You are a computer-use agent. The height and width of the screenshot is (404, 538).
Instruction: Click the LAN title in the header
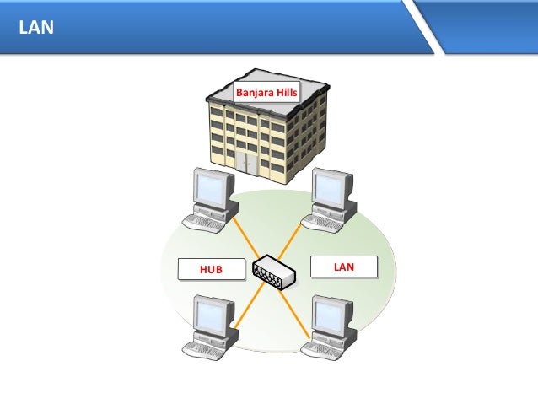[x=37, y=28]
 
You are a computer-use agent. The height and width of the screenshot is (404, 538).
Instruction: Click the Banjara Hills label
[x=266, y=94]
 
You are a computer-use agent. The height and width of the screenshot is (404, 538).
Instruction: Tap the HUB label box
[x=211, y=269]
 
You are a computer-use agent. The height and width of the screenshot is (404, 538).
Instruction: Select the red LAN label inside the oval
[x=343, y=267]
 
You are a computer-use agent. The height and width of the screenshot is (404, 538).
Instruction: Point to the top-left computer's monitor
[x=211, y=190]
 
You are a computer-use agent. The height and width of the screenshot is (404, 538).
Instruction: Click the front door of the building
[x=246, y=162]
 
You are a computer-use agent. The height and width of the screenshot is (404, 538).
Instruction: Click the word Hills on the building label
[x=283, y=94]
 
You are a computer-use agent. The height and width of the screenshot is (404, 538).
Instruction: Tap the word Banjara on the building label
[x=252, y=94]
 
